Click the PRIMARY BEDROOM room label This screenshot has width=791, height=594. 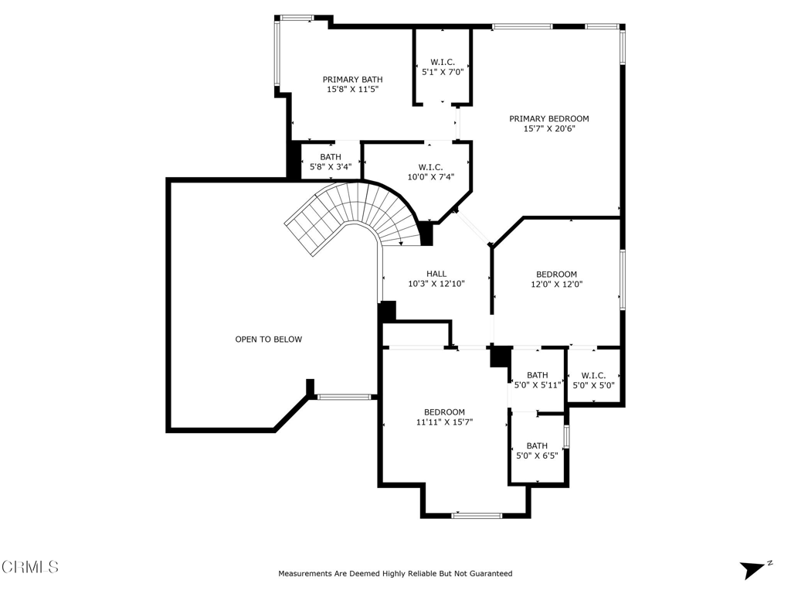click(549, 118)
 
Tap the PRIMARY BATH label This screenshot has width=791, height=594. click(352, 80)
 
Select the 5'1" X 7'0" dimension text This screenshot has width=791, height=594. click(443, 72)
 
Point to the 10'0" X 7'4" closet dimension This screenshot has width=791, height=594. click(431, 177)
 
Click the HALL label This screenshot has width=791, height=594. click(436, 274)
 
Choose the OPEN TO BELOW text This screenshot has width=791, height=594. click(268, 340)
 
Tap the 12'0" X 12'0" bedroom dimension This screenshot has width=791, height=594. click(556, 284)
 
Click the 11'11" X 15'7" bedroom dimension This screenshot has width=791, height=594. click(444, 422)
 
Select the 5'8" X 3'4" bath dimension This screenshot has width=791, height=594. click(331, 167)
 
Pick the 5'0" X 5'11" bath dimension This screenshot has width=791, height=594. click(538, 385)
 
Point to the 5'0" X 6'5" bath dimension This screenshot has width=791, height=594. click(537, 456)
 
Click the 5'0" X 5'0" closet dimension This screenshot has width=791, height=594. click(593, 385)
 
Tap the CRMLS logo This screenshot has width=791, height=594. click(30, 567)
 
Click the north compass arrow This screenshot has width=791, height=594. click(752, 570)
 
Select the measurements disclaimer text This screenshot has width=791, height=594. click(395, 573)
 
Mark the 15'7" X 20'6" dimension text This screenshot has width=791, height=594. click(549, 128)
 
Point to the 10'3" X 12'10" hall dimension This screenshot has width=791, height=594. click(436, 284)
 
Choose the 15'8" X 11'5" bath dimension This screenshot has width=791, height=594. click(352, 90)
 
